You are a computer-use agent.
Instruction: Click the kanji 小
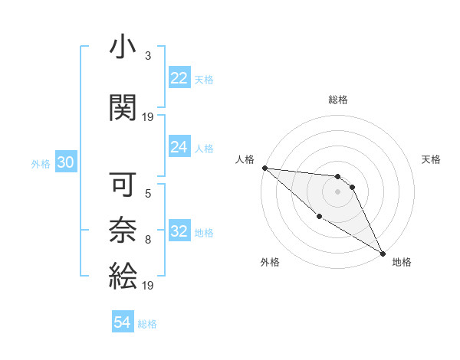(x=123, y=49)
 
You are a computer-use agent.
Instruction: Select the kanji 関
(x=123, y=108)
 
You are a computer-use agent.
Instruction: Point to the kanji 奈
(x=123, y=230)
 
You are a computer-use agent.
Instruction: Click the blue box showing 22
(x=179, y=78)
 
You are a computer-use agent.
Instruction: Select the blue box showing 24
(x=179, y=147)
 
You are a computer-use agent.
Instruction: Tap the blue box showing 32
(x=179, y=232)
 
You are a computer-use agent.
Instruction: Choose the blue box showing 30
(x=66, y=162)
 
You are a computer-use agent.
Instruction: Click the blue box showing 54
(x=123, y=322)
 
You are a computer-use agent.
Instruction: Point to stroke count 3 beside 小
(x=147, y=56)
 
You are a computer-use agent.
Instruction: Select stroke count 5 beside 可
(x=147, y=194)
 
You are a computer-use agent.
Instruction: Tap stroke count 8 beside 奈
(x=147, y=240)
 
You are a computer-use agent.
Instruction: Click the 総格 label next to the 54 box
(x=148, y=324)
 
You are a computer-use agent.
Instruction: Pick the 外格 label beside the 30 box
(x=41, y=164)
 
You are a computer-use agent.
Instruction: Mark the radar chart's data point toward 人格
(x=264, y=168)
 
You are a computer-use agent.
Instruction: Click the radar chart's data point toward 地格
(x=383, y=253)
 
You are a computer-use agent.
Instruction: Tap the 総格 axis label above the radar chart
(x=338, y=100)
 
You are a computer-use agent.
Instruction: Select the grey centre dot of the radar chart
(x=337, y=191)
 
